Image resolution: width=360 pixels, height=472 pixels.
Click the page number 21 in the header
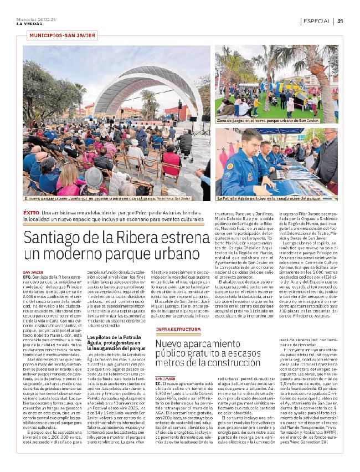(x=340, y=21)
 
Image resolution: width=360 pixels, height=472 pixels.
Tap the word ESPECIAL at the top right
(x=316, y=21)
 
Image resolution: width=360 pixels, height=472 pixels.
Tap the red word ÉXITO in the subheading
(x=31, y=212)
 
